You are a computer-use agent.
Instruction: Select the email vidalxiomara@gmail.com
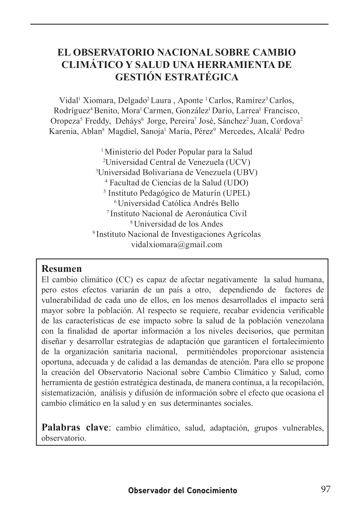pyautogui.click(x=177, y=244)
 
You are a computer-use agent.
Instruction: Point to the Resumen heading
pyautogui.click(x=61, y=268)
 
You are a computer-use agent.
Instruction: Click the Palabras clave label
pyautogui.click(x=75, y=428)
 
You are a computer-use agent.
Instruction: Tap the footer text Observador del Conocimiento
pyautogui.click(x=183, y=491)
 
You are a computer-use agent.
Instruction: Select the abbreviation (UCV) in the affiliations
pyautogui.click(x=238, y=162)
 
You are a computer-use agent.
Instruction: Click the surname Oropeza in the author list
pyautogui.click(x=65, y=121)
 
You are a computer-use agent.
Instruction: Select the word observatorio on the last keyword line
pyautogui.click(x=63, y=438)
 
